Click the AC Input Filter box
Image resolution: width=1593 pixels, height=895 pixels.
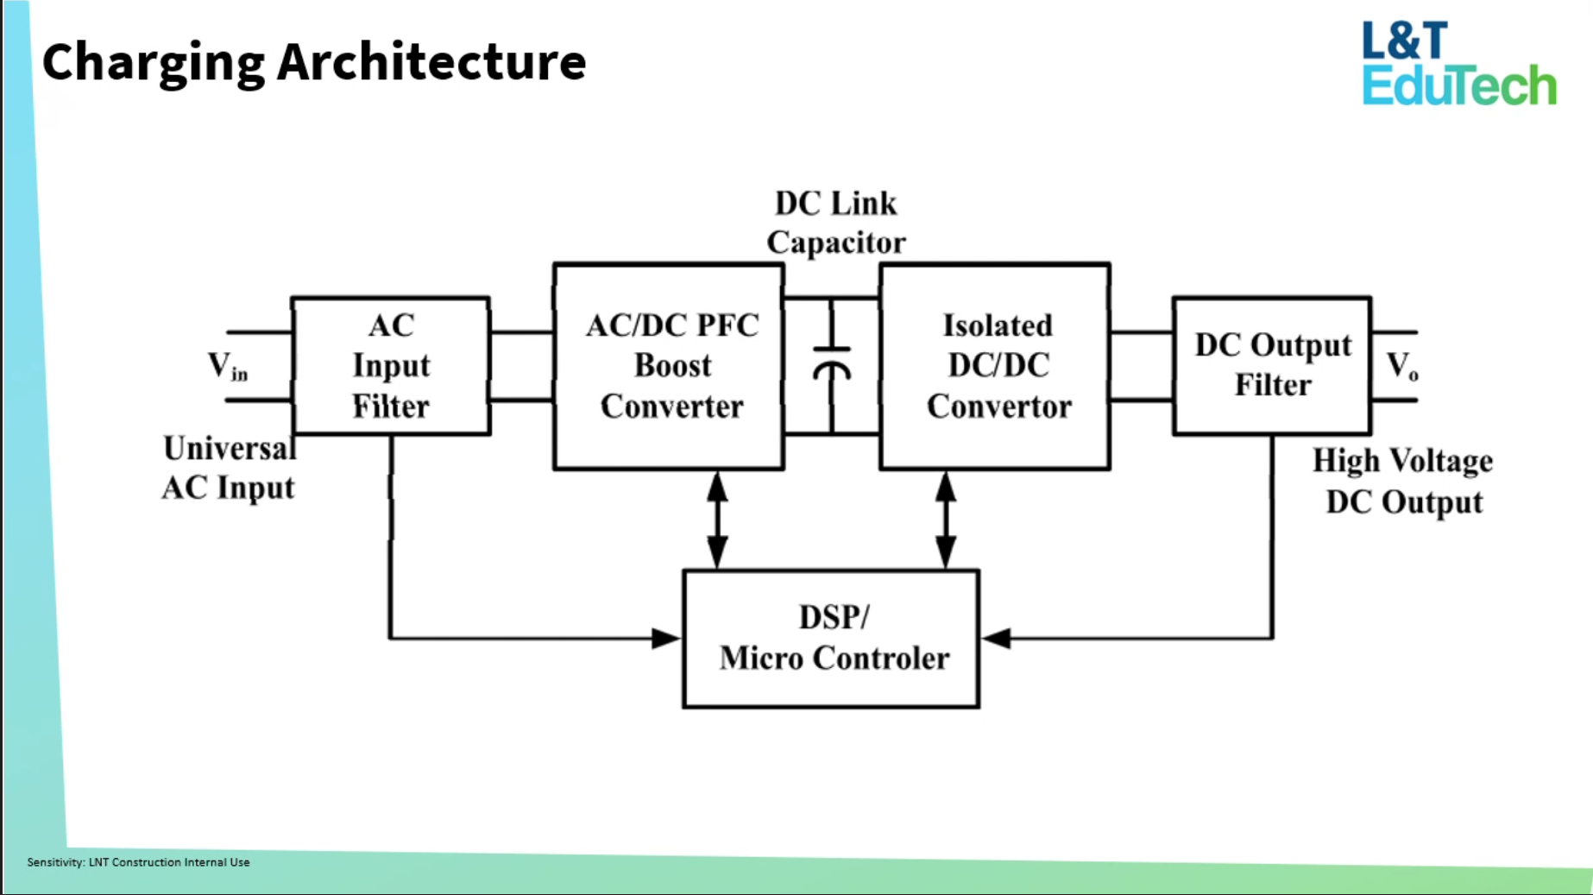391,365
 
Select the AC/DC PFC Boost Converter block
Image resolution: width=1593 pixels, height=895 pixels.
670,366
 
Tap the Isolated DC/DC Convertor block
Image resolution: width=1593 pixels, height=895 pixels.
995,366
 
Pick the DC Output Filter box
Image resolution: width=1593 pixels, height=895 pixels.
1272,365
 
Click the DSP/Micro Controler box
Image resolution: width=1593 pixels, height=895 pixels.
831,639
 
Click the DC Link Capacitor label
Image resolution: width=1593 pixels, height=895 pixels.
835,223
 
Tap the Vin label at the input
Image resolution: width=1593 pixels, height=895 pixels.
227,366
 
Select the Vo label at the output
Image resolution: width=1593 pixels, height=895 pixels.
1402,366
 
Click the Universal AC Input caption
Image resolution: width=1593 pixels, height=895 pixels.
229,468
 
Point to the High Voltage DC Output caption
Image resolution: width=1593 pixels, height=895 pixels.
1403,481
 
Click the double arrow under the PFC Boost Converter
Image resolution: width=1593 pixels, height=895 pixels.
717,520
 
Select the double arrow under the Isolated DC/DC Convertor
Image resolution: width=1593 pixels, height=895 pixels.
946,520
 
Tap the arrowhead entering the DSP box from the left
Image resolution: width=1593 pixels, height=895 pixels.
665,639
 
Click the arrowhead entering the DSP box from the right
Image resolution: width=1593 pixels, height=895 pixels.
997,639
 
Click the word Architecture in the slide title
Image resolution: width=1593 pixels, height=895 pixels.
431,62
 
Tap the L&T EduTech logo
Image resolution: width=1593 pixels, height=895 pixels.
1458,64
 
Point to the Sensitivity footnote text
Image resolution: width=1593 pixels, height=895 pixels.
138,862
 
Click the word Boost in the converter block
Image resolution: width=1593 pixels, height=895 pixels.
672,366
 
